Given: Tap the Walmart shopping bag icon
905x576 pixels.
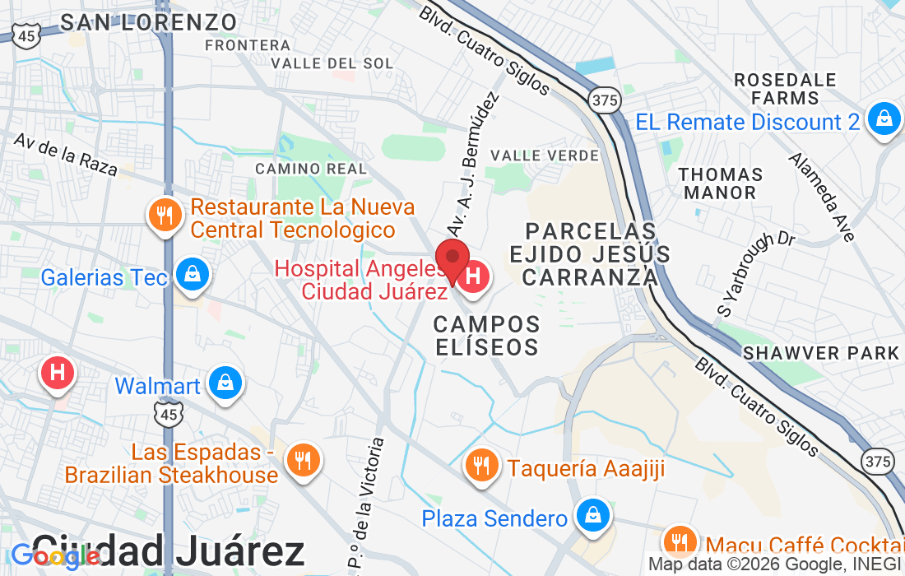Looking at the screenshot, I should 224,384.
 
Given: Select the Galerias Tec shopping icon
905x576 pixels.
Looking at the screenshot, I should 192,275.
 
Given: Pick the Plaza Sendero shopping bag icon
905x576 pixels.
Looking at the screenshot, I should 592,516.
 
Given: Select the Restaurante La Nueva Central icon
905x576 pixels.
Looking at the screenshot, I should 165,216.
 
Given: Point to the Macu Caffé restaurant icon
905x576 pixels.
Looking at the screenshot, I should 680,542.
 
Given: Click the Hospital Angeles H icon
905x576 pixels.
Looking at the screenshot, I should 474,276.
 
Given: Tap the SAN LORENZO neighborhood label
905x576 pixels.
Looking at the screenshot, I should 149,21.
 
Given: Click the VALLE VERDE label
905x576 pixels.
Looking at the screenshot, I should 544,155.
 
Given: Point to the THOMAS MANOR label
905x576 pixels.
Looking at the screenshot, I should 721,183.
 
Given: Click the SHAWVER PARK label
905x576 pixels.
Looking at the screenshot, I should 820,353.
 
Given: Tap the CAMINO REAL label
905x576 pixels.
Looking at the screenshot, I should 311,168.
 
